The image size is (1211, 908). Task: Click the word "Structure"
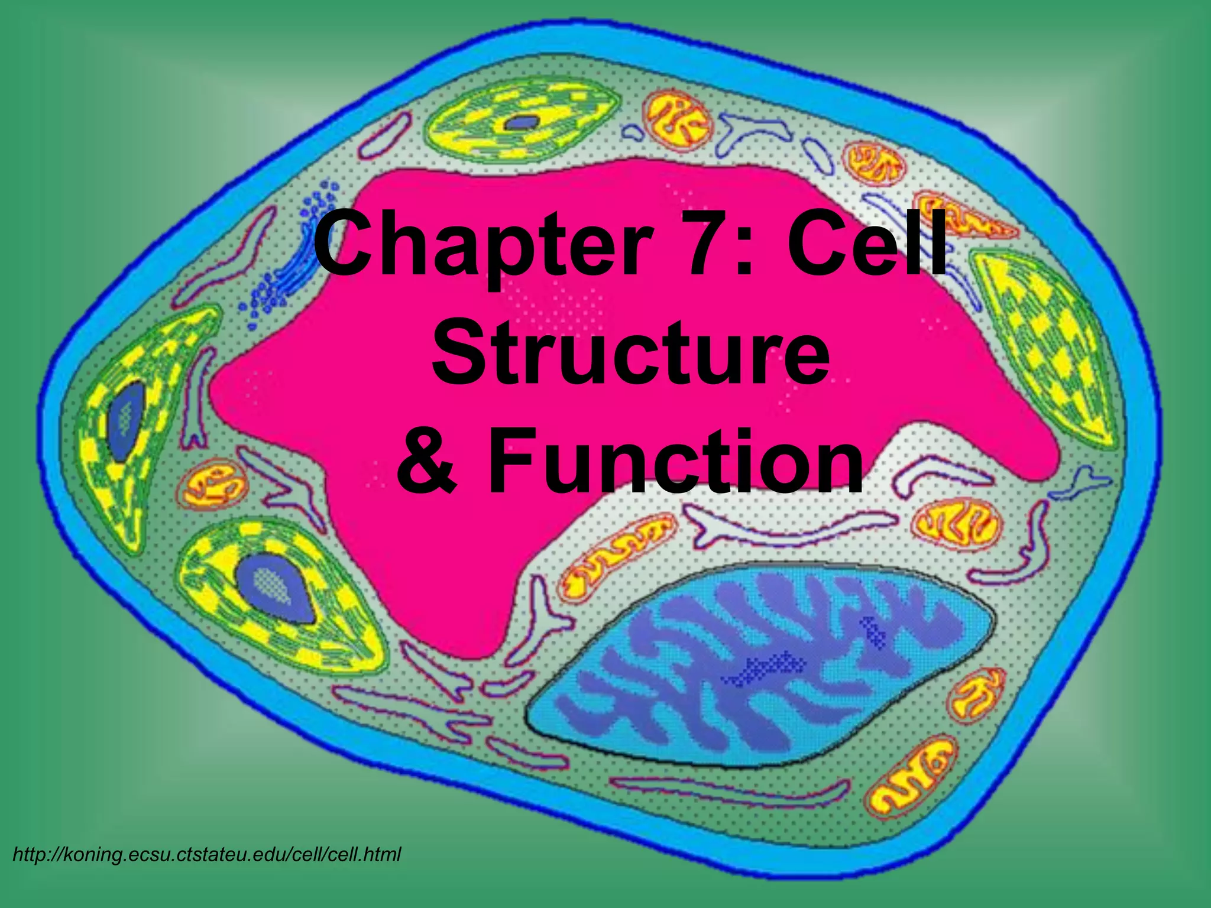point(630,353)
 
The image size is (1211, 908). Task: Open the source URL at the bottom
point(207,854)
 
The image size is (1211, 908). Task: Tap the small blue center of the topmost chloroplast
point(521,123)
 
